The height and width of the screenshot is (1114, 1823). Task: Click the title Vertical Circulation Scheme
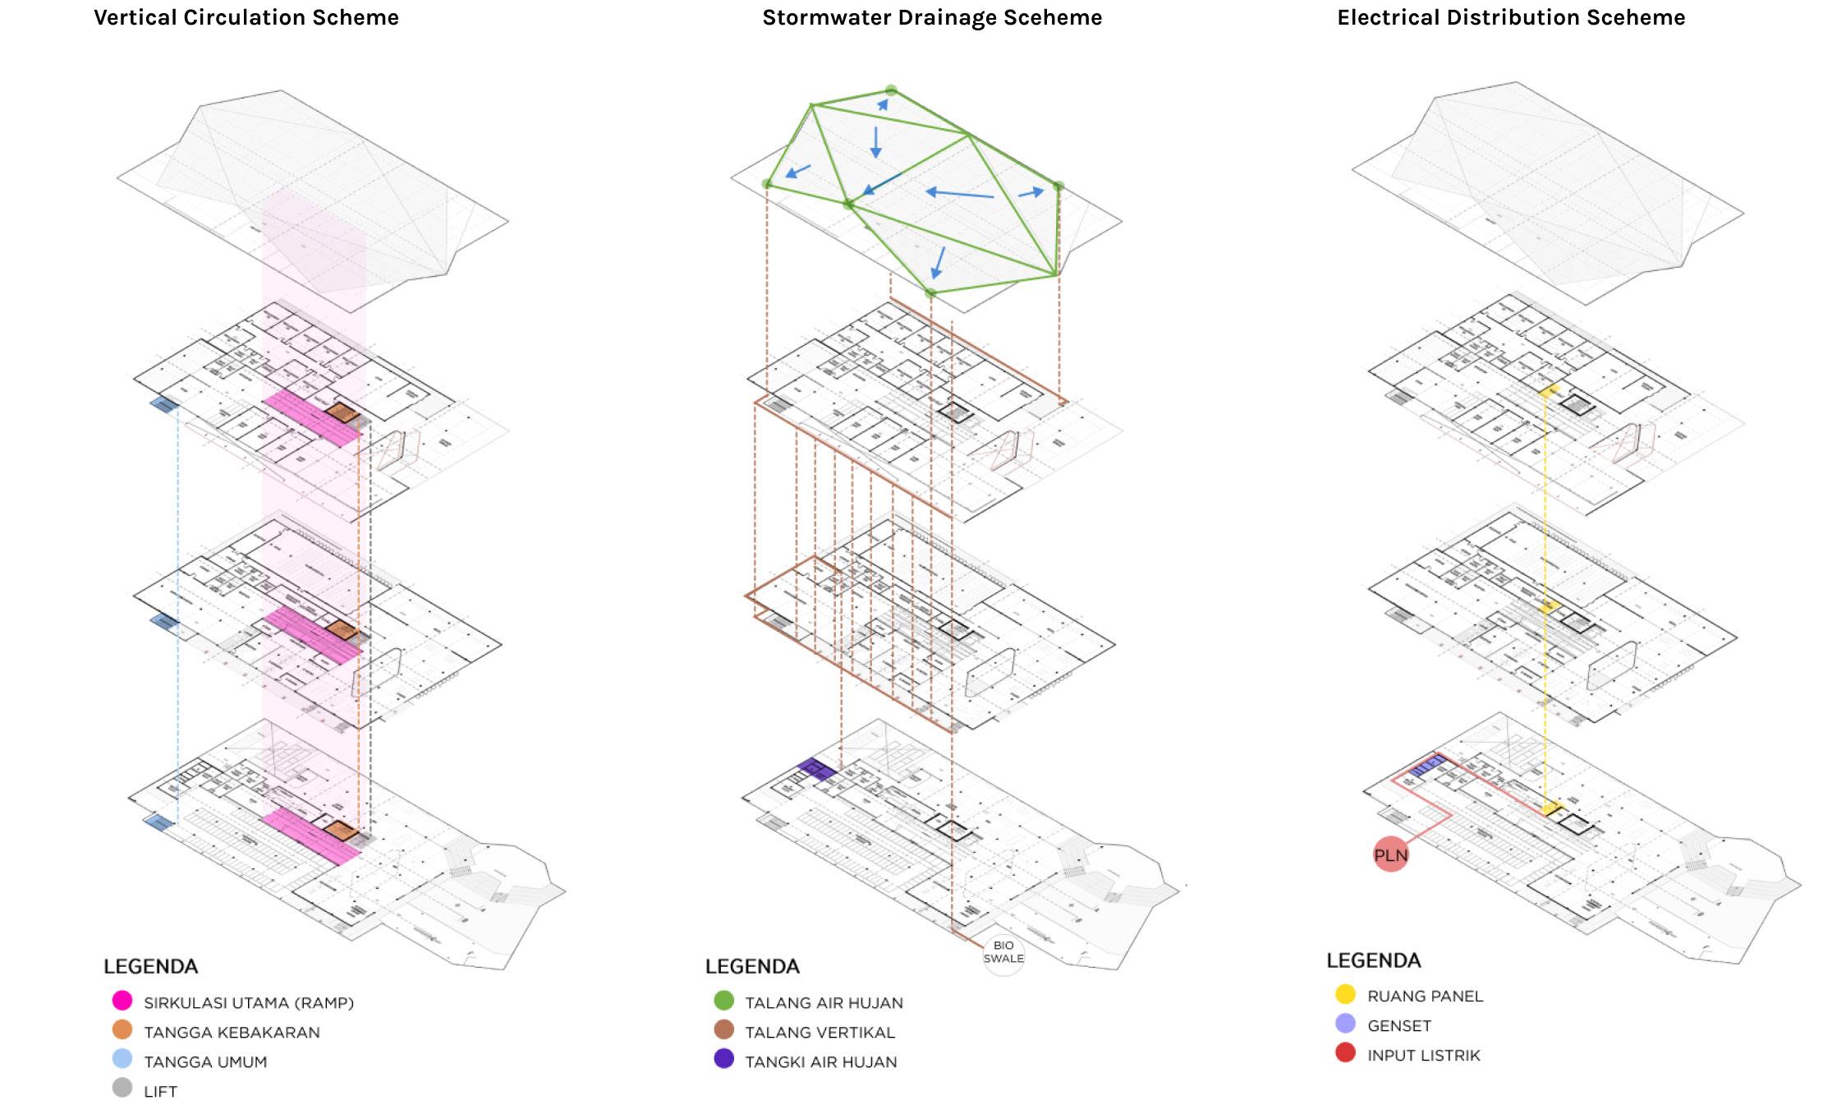(246, 17)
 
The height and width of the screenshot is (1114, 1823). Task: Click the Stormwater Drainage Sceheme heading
(932, 17)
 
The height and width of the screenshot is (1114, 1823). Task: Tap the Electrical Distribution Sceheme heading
(1511, 17)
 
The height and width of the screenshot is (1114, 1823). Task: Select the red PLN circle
(1390, 855)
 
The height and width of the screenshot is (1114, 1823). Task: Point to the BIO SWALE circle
(1003, 953)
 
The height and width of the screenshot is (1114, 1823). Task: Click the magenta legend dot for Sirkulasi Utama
(122, 1001)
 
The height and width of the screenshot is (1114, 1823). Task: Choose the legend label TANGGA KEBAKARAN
(232, 1033)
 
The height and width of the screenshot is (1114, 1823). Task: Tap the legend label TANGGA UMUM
(205, 1062)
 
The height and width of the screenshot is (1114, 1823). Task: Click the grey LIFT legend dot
(122, 1089)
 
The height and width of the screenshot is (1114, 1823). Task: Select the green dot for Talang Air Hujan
(723, 1001)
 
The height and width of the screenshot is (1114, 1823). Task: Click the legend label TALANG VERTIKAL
(820, 1033)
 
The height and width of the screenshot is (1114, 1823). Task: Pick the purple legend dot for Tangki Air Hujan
(723, 1059)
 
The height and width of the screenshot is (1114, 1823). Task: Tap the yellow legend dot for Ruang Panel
(1345, 994)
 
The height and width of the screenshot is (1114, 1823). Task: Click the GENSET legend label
(1399, 1026)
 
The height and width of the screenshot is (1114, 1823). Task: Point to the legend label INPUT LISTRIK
(1423, 1056)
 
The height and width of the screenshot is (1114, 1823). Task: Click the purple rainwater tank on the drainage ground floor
(817, 769)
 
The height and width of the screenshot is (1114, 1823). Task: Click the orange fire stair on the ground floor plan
(340, 830)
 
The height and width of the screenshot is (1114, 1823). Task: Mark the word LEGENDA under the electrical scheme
(1373, 960)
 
